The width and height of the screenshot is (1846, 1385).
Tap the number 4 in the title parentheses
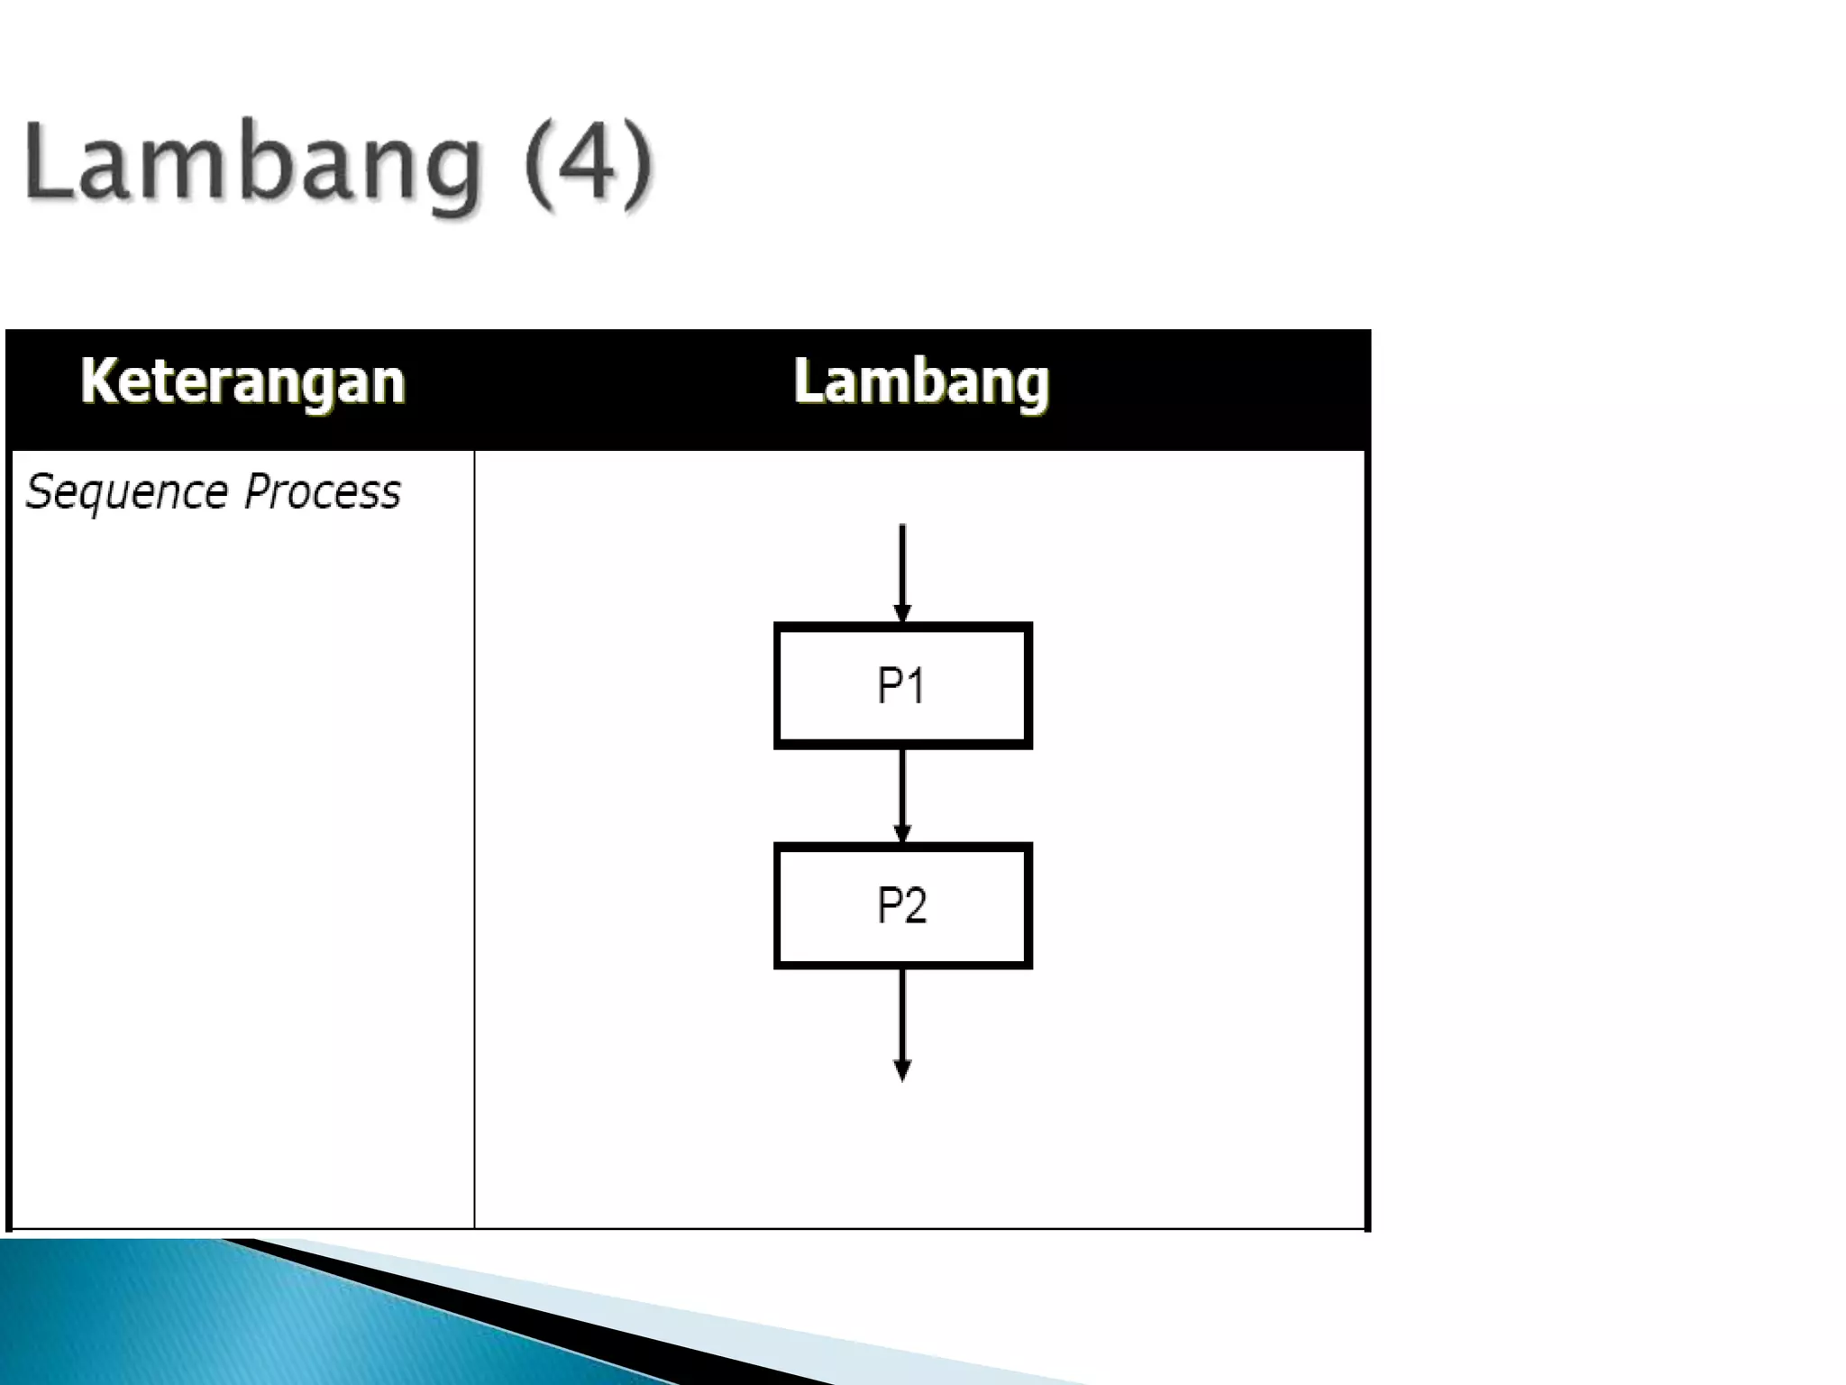[x=587, y=162]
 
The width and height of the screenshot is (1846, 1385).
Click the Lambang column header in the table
[x=921, y=381]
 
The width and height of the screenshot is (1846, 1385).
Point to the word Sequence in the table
[x=126, y=493]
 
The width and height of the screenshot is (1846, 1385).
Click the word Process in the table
[x=322, y=491]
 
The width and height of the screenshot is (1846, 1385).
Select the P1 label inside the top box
[x=901, y=685]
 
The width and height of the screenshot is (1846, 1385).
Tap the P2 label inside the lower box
[x=901, y=905]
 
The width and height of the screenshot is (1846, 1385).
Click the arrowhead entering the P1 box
[x=902, y=614]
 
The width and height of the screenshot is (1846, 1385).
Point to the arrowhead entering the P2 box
[x=902, y=834]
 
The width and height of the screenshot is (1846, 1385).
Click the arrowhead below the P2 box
[x=902, y=1070]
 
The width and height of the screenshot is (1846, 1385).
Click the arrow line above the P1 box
[x=902, y=564]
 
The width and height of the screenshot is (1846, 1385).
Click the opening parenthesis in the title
[x=538, y=164]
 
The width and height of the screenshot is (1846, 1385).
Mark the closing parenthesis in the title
[x=638, y=164]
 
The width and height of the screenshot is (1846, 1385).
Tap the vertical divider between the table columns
[x=474, y=839]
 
